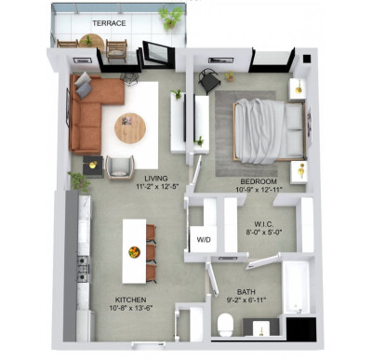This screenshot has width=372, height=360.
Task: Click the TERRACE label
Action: (109, 23)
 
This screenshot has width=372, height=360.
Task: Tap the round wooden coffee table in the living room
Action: (130, 128)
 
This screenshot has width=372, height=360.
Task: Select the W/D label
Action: (204, 239)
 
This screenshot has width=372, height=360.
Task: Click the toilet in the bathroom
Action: (225, 325)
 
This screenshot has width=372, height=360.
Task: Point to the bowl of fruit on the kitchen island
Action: (134, 251)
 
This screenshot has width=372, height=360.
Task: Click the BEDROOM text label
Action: (259, 181)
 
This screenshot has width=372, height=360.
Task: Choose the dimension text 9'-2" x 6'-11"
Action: (246, 300)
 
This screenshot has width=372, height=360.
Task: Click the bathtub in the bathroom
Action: (296, 287)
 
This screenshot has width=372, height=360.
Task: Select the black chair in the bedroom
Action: (209, 81)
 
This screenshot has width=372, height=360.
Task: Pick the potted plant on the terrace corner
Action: (171, 17)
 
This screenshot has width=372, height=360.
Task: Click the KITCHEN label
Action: (130, 300)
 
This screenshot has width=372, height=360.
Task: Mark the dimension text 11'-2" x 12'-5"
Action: (158, 187)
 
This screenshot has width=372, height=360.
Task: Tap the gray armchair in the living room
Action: (120, 167)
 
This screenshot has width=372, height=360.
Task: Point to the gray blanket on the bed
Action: (259, 131)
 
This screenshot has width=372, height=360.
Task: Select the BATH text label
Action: (246, 292)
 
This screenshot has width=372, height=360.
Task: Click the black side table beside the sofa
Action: (93, 167)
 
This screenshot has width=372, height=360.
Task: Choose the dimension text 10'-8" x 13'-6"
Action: (131, 308)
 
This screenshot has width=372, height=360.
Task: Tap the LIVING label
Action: (156, 179)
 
